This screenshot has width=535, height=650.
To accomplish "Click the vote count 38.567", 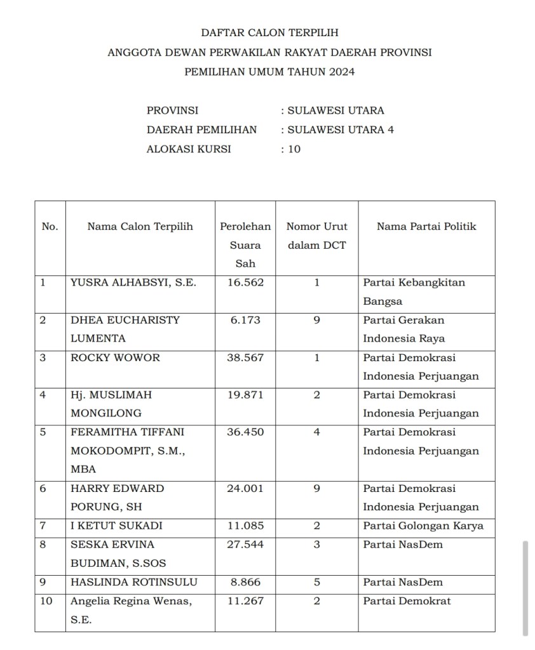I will (x=245, y=357).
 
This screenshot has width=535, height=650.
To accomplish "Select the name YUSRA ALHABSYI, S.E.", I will (x=133, y=282).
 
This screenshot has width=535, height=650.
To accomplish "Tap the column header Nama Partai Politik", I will (x=426, y=226).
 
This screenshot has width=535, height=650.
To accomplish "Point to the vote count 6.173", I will (x=245, y=320).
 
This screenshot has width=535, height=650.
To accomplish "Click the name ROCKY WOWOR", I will (x=116, y=357).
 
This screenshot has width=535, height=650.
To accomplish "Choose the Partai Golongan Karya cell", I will (x=423, y=526).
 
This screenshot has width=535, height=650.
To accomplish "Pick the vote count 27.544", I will (x=245, y=545).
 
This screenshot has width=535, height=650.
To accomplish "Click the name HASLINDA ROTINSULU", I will (x=134, y=582).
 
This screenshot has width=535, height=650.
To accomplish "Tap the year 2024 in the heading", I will (x=342, y=72).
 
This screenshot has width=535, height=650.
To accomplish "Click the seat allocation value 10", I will (x=294, y=150).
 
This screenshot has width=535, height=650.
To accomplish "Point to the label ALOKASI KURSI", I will (x=189, y=150).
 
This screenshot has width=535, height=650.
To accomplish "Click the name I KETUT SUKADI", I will (x=117, y=526).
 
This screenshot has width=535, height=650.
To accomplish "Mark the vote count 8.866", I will (x=245, y=582).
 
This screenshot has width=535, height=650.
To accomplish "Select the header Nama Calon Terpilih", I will (x=140, y=226).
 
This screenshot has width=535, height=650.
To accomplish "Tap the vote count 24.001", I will (x=245, y=489).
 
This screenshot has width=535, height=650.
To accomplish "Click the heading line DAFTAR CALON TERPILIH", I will (x=270, y=32).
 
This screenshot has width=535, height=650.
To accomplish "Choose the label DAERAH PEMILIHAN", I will (x=202, y=130).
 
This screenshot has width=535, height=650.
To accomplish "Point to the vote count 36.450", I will (x=245, y=432).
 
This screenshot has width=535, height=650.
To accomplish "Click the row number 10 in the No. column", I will (x=46, y=600).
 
